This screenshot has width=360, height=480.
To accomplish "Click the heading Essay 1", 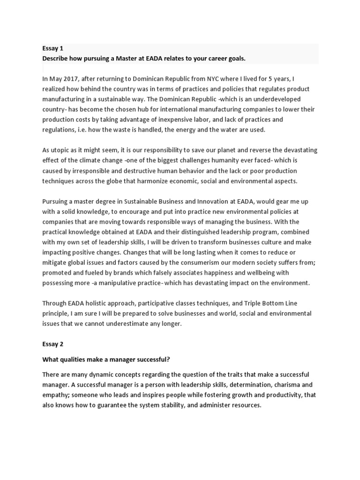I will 52,48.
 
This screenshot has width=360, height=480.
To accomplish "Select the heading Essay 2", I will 52,344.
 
